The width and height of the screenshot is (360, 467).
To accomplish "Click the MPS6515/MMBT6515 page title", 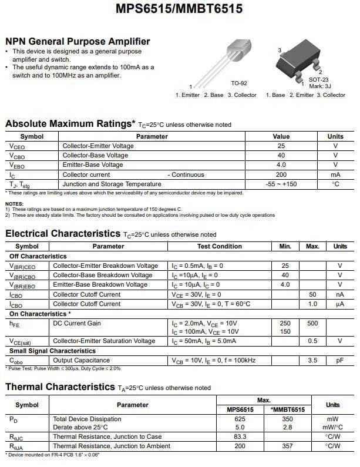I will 179,9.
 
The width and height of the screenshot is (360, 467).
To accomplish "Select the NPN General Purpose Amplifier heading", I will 78,41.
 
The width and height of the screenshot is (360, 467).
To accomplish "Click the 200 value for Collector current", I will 281,174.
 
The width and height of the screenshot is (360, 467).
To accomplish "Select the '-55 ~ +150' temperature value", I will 281,184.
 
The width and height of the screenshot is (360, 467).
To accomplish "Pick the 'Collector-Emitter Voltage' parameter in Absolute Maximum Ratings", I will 98,146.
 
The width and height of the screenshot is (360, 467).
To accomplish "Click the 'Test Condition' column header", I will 220,246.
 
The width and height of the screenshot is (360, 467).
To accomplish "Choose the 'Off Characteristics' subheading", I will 38,256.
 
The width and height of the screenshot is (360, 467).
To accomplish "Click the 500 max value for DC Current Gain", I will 312,323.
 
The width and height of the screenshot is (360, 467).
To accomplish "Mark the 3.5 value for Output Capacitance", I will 312,360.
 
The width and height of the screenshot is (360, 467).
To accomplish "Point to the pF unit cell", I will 339,360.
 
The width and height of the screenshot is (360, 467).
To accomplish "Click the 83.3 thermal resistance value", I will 240,436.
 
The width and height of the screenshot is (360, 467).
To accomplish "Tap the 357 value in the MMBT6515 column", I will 288,446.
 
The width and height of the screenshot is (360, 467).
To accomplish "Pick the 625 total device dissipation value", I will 240,419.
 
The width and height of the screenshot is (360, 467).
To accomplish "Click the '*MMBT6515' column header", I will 288,409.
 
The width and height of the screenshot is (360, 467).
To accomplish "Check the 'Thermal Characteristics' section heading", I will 59,387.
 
